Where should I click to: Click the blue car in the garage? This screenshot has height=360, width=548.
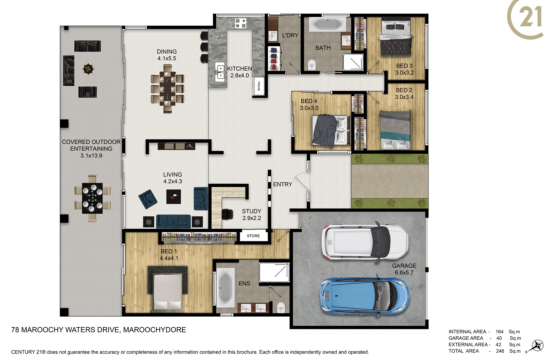point(364,295)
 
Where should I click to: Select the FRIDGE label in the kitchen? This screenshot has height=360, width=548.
point(259,86)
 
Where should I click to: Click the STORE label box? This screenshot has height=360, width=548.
point(253,236)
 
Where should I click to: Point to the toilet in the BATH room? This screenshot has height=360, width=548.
point(312,64)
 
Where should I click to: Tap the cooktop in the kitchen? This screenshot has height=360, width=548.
point(241,23)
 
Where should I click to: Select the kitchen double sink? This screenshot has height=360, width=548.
point(220,72)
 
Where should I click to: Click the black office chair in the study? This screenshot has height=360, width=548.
point(228,214)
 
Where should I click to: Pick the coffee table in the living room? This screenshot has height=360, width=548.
point(174,197)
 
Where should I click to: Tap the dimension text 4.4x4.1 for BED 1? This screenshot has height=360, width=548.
point(169,258)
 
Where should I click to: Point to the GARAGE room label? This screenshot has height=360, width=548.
point(404,266)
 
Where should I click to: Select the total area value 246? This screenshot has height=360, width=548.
point(500,351)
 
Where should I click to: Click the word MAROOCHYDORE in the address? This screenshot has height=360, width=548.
point(155,330)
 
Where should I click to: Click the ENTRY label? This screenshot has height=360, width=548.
point(282,184)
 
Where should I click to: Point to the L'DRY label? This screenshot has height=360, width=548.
point(290,35)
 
